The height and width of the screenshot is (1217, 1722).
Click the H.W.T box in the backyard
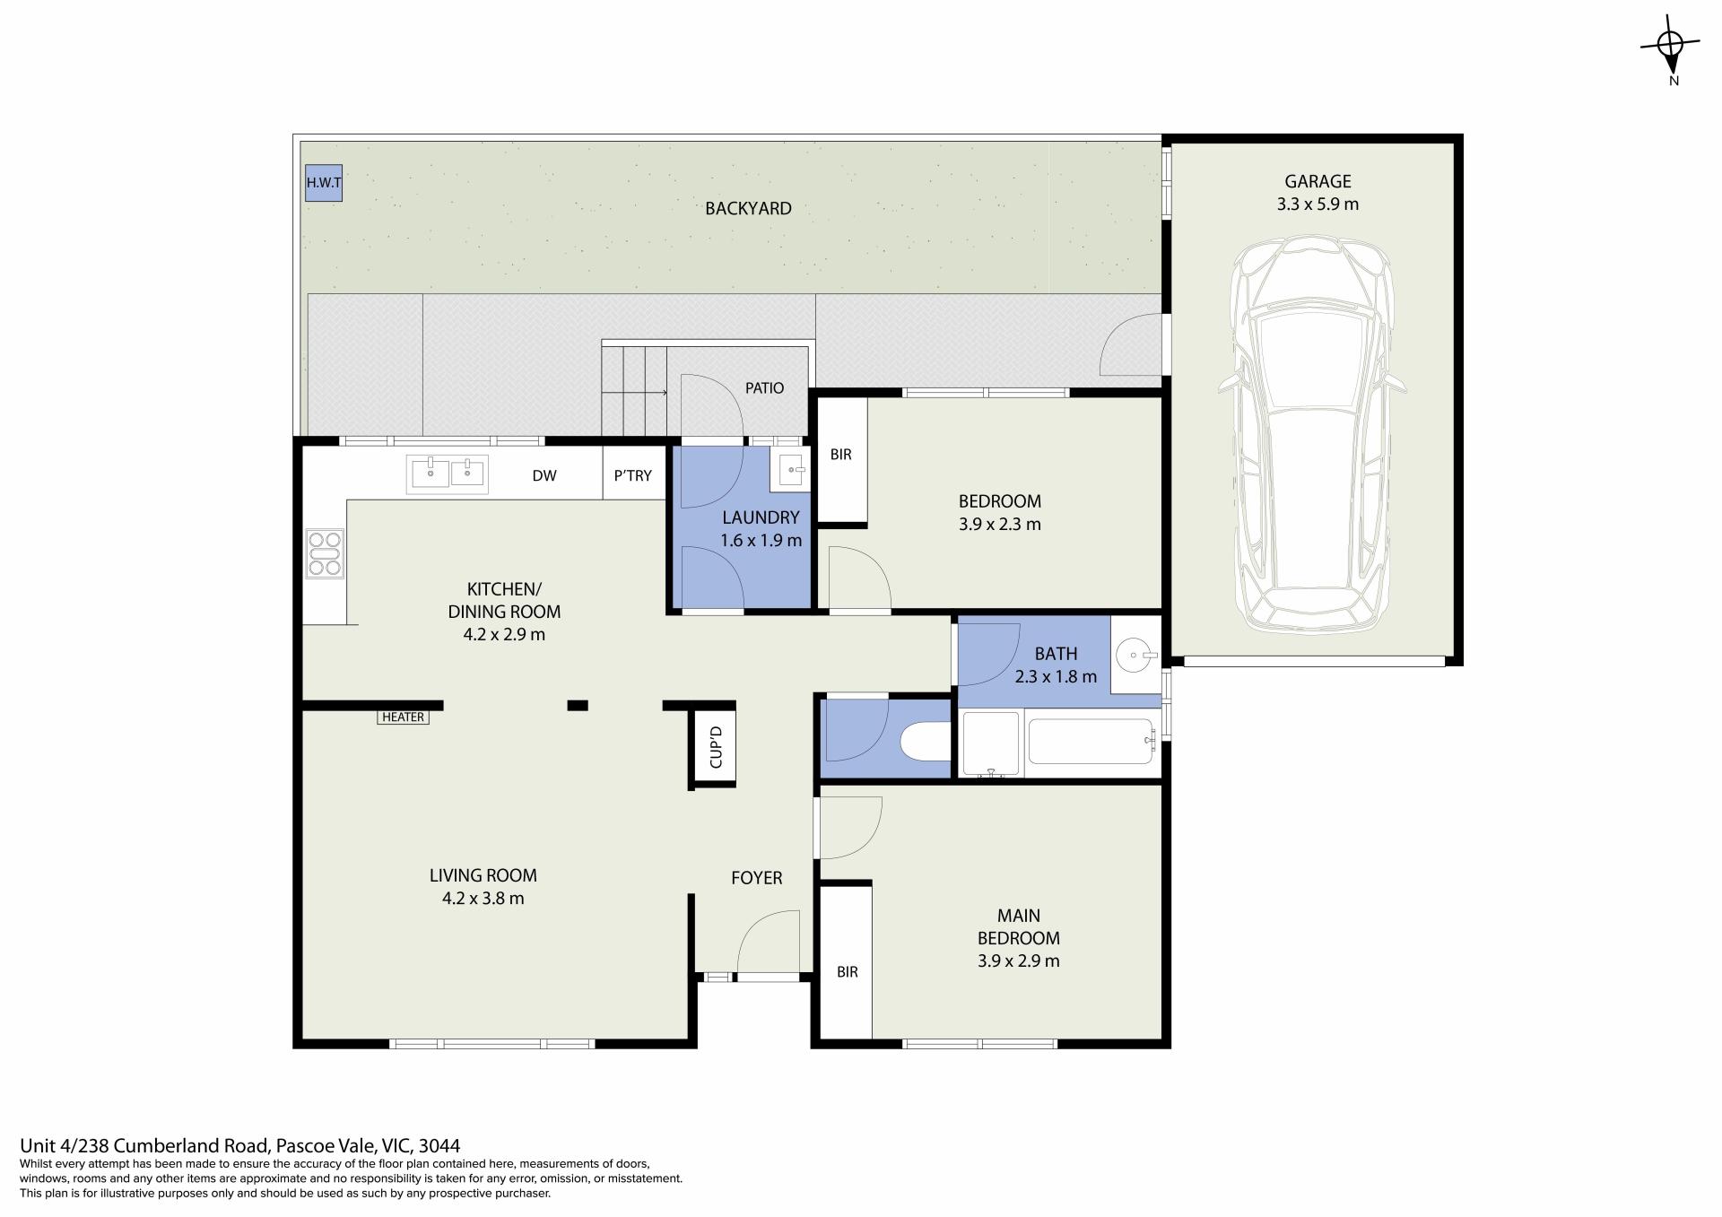pyautogui.click(x=324, y=183)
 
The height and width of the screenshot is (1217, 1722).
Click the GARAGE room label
pyautogui.click(x=1318, y=181)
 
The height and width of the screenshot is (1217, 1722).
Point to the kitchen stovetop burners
pyautogui.click(x=325, y=552)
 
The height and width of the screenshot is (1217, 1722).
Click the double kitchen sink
pyautogui.click(x=448, y=474)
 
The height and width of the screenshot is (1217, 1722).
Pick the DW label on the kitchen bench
pyautogui.click(x=544, y=475)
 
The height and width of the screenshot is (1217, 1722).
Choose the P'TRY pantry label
pyautogui.click(x=632, y=475)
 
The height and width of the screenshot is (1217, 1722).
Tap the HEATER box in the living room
pyautogui.click(x=403, y=717)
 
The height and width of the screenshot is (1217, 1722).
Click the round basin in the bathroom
pyautogui.click(x=1135, y=656)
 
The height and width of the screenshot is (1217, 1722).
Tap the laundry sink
pyautogui.click(x=789, y=468)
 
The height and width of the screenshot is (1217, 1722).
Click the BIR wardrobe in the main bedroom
pyautogui.click(x=847, y=961)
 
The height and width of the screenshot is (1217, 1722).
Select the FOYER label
pyautogui.click(x=756, y=878)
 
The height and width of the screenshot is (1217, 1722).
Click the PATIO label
pyautogui.click(x=764, y=388)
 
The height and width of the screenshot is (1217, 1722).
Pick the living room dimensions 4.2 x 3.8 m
pyautogui.click(x=483, y=898)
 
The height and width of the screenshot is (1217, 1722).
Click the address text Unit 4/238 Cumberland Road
pyautogui.click(x=144, y=1145)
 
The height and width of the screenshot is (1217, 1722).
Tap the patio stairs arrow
pyautogui.click(x=634, y=393)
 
